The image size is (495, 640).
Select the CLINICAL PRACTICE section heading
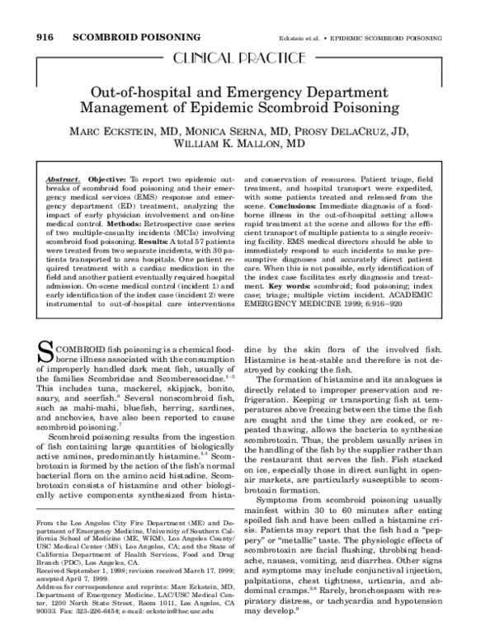(247, 57)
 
